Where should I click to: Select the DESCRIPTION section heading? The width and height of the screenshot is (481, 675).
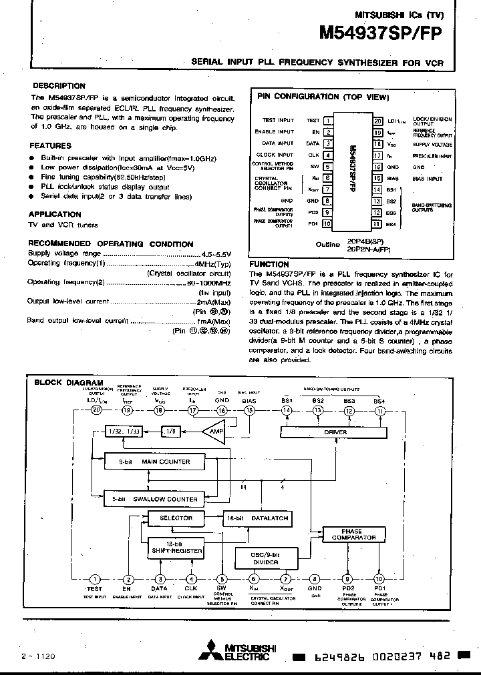tap(59, 86)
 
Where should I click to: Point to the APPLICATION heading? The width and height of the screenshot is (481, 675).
tap(55, 214)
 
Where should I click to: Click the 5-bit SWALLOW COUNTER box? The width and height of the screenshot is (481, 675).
tap(153, 498)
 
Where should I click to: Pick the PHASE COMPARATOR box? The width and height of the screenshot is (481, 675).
tap(353, 534)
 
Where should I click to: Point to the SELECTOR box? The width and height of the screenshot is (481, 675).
tap(176, 518)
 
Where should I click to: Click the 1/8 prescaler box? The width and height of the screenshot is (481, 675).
tap(172, 432)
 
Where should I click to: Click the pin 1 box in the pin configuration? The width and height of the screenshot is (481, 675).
tap(329, 121)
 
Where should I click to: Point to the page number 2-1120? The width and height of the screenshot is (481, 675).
tap(38, 656)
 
